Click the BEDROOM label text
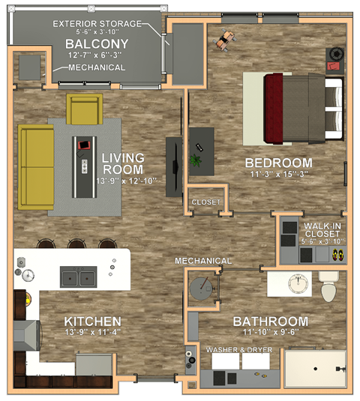(278, 163)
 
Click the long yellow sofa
(33, 166)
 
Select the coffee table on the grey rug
(84, 164)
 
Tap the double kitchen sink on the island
(78, 278)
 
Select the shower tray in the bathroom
(315, 370)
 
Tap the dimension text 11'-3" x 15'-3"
(278, 175)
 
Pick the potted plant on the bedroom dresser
(196, 160)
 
